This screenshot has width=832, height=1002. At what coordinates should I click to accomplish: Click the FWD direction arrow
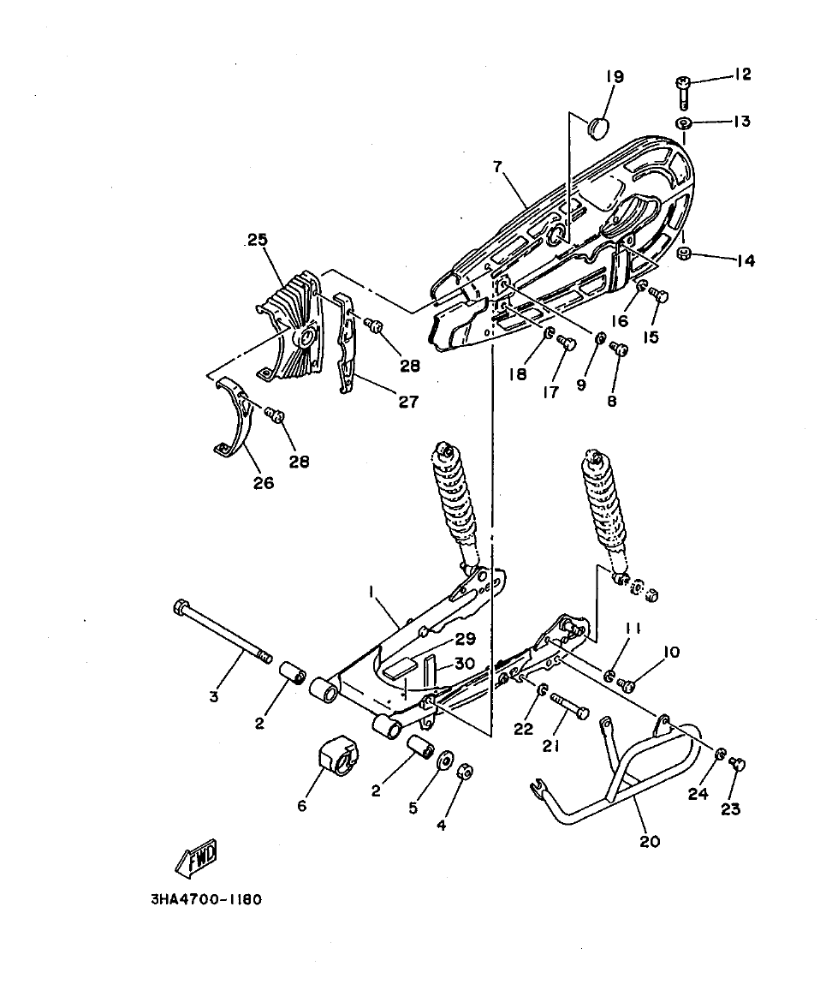(197, 857)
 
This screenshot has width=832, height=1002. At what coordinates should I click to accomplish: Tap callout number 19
(615, 77)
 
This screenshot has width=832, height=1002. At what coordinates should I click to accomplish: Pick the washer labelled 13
(685, 124)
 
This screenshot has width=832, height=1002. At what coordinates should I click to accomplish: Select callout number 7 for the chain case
(498, 168)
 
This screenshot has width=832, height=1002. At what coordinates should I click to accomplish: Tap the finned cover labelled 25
(291, 325)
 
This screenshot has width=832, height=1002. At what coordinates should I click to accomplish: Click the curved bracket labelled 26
(235, 420)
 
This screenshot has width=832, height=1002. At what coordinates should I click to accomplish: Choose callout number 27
(408, 402)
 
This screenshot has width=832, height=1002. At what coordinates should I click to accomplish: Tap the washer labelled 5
(444, 762)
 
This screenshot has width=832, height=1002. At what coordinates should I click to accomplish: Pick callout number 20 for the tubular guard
(650, 841)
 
